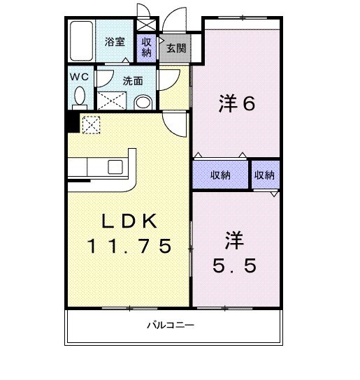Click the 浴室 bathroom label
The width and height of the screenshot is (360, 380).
click(115, 42)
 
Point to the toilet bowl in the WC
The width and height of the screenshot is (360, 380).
click(79, 94)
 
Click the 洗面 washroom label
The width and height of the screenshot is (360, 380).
click(133, 81)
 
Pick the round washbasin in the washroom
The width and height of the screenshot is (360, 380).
click(143, 103)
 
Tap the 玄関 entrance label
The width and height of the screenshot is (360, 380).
click(176, 48)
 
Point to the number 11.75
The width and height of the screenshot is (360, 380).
click(129, 246)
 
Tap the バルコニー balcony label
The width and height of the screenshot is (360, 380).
click(170, 326)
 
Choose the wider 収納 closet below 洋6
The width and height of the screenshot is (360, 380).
click(220, 175)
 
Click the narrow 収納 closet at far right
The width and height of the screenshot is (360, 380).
click(265, 175)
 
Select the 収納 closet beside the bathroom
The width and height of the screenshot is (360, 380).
click(146, 47)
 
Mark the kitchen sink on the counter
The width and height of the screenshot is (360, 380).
click(115, 166)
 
